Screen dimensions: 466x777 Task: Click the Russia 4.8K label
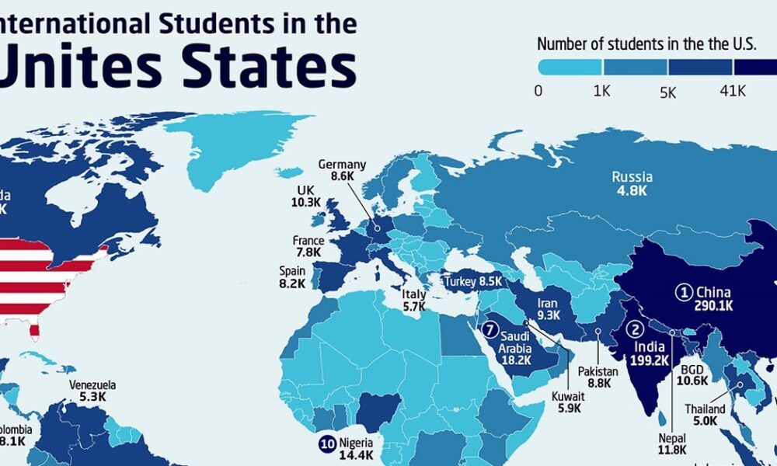[x=630, y=183]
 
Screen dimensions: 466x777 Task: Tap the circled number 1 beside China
[x=683, y=293]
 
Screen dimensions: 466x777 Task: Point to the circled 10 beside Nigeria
[x=326, y=444]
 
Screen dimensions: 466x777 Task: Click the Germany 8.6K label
[x=342, y=170]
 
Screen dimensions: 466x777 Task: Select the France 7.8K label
[x=308, y=247]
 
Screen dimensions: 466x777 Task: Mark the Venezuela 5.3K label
[x=92, y=391]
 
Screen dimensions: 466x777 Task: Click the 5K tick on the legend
[x=667, y=92]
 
